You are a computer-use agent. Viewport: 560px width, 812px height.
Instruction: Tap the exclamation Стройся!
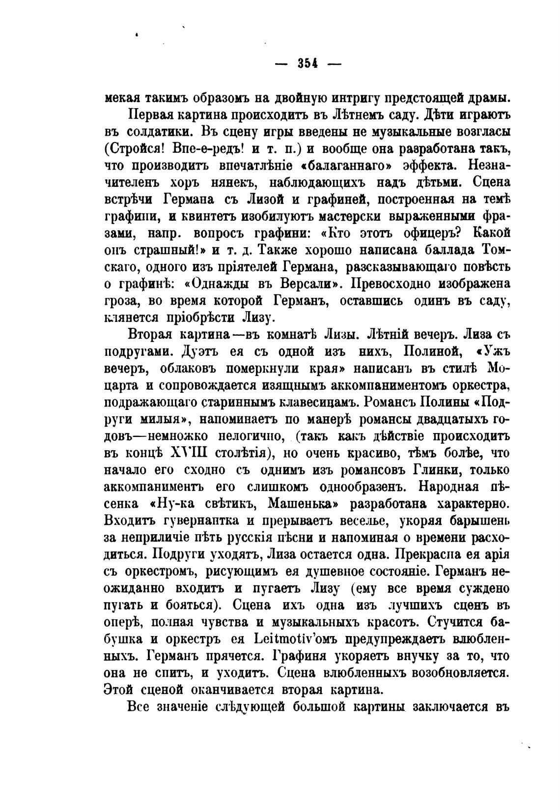(x=137, y=149)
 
